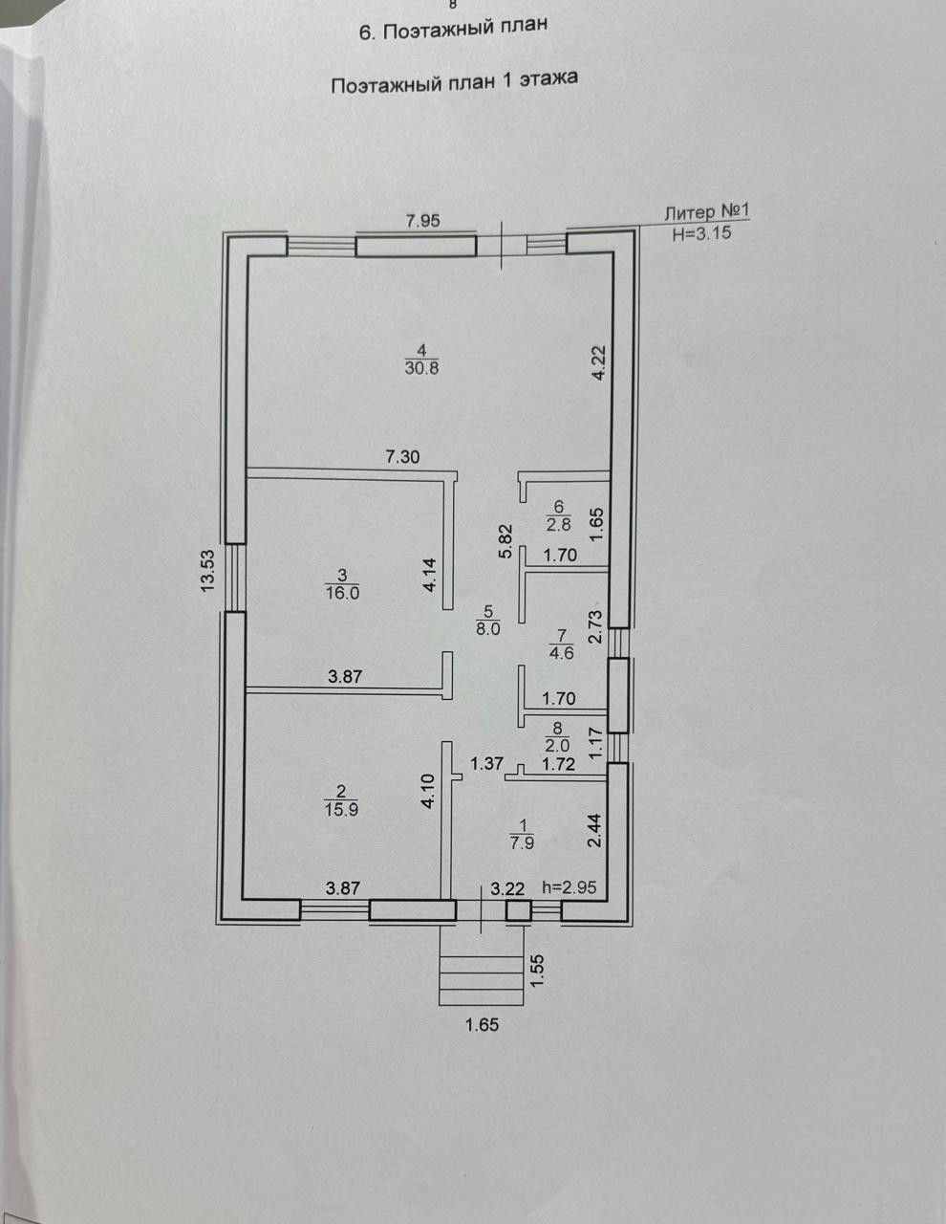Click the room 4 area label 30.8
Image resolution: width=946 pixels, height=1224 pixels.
coord(421,368)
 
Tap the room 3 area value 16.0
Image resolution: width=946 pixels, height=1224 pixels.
coord(342,593)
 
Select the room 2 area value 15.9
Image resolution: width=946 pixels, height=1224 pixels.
coord(341,809)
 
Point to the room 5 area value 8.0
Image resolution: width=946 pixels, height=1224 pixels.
coord(488,628)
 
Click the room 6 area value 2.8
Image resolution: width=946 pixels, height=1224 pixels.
coord(558,524)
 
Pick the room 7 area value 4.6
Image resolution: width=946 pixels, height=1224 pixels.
coord(561,653)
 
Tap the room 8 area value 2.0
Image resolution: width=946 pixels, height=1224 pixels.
coord(558,745)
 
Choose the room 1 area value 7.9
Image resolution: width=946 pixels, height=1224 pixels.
coord(523,842)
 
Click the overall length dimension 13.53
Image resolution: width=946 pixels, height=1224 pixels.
coord(208,571)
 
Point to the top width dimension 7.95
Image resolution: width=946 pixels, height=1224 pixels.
coord(423,221)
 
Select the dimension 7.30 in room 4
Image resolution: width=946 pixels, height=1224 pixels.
coord(402,456)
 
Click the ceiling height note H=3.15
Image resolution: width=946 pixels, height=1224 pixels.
coord(701,232)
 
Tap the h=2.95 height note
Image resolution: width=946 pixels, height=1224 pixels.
coord(569,887)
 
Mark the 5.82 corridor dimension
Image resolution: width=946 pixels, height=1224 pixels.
coord(506,540)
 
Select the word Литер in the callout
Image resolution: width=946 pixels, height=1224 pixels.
coord(689,213)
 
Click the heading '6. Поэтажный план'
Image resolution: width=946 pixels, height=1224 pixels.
coord(453,29)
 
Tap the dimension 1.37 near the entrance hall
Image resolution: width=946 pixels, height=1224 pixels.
coord(486,764)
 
